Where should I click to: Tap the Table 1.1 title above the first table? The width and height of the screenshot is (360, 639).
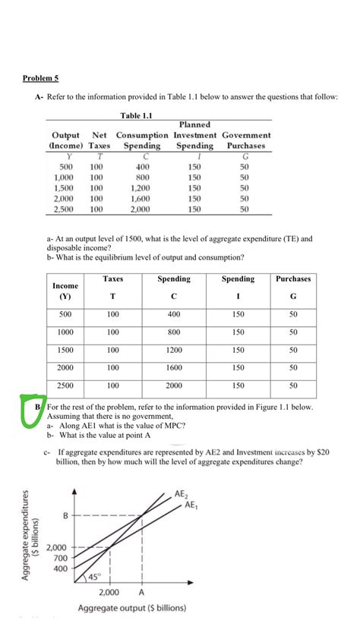click(137, 115)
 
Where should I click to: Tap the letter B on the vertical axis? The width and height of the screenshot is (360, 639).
click(65, 517)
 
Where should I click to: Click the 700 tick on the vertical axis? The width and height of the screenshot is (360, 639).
click(61, 558)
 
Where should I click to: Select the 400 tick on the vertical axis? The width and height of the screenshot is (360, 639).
click(61, 568)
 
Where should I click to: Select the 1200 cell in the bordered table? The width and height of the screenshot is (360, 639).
click(173, 351)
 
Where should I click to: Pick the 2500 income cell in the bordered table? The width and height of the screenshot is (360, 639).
click(65, 385)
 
